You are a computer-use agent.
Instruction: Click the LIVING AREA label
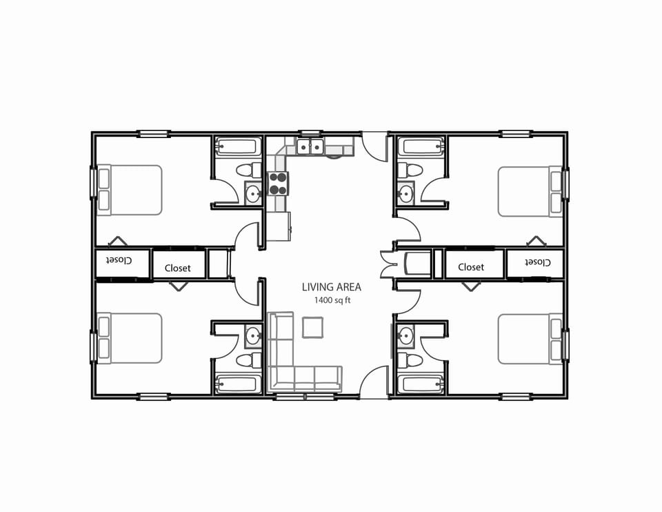(x=331, y=287)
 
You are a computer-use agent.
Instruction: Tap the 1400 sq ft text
(x=332, y=300)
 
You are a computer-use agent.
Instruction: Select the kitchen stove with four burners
(x=278, y=183)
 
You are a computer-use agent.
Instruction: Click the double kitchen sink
(x=310, y=146)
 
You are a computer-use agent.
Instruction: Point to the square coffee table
(x=312, y=326)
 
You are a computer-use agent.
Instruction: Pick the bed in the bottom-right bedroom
(x=530, y=339)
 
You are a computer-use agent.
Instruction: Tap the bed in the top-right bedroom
(x=530, y=191)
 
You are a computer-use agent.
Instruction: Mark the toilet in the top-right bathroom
(x=412, y=170)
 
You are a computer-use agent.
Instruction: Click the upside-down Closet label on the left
(x=119, y=261)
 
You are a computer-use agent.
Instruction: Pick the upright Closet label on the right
(x=471, y=267)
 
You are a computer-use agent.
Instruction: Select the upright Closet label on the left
(x=177, y=268)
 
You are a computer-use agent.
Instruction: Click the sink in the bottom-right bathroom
(x=405, y=336)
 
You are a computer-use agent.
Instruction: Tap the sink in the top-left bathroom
(x=253, y=193)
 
